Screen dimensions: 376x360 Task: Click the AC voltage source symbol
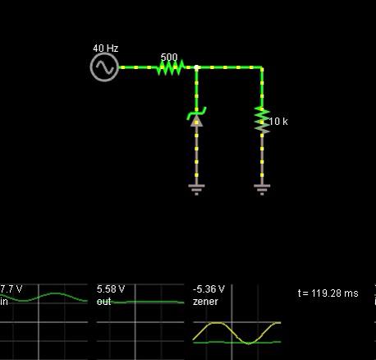tap(104, 67)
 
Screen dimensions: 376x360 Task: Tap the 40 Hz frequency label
tap(106, 48)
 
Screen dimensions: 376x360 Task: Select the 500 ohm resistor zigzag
tap(170, 67)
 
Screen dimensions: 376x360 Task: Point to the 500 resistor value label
tap(169, 58)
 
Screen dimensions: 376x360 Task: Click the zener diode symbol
tap(196, 118)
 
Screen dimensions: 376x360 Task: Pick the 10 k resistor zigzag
tap(262, 121)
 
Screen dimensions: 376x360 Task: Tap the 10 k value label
tap(278, 122)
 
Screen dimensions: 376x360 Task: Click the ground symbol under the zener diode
tap(196, 190)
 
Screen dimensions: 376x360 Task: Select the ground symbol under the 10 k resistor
tap(262, 190)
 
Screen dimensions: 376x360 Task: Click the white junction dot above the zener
tap(196, 67)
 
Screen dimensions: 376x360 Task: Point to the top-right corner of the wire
tap(262, 67)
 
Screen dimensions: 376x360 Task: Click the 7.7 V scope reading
tap(11, 289)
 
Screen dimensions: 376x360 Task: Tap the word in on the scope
tap(3, 302)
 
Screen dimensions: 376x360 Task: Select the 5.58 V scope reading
tap(111, 289)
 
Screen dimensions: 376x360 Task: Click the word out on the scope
tap(103, 302)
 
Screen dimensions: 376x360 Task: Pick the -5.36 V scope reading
tap(209, 289)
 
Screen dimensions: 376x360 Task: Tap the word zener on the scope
tap(205, 302)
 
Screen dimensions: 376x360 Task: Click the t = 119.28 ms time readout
tap(328, 293)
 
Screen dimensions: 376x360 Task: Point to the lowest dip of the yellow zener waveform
tap(249, 344)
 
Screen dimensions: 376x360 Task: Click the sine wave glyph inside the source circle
tap(104, 67)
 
